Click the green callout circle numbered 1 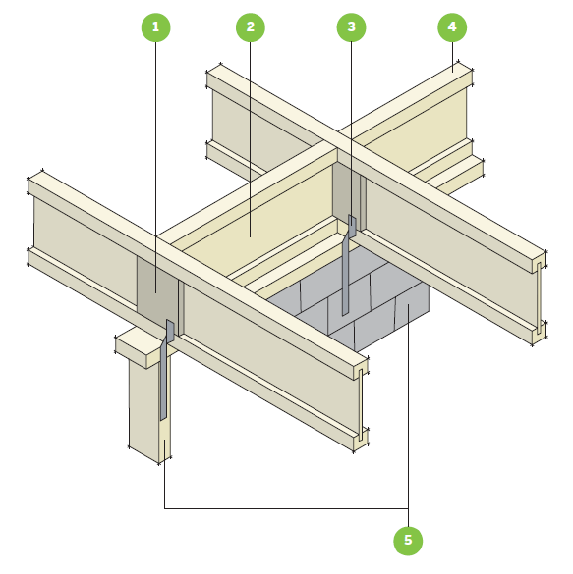tap(156, 27)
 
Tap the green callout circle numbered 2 tap(251, 27)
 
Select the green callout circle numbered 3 tap(351, 27)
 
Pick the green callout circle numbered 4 tap(452, 27)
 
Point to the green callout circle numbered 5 tap(408, 541)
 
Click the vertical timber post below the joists tap(149, 406)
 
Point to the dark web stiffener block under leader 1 tap(157, 289)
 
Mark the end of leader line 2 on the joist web tap(251, 236)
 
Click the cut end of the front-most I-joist tap(361, 404)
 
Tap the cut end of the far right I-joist tap(540, 297)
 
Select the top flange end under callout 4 tap(465, 76)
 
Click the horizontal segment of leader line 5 tap(286, 508)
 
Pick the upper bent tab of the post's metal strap tap(170, 329)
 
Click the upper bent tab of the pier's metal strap tap(352, 225)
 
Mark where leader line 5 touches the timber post tap(164, 441)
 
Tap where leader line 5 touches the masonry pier tap(409, 304)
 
